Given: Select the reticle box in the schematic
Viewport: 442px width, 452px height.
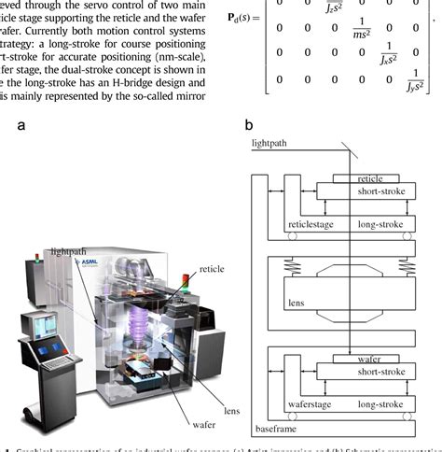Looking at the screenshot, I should pyautogui.click(x=352, y=177).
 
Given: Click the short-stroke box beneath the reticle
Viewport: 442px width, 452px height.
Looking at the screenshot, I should pyautogui.click(x=352, y=191).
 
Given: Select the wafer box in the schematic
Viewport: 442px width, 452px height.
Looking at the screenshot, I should pyautogui.click(x=352, y=358).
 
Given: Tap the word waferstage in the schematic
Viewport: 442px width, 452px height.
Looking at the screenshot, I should pyautogui.click(x=311, y=405).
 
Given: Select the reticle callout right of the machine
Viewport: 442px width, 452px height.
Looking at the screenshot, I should pyautogui.click(x=214, y=268).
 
